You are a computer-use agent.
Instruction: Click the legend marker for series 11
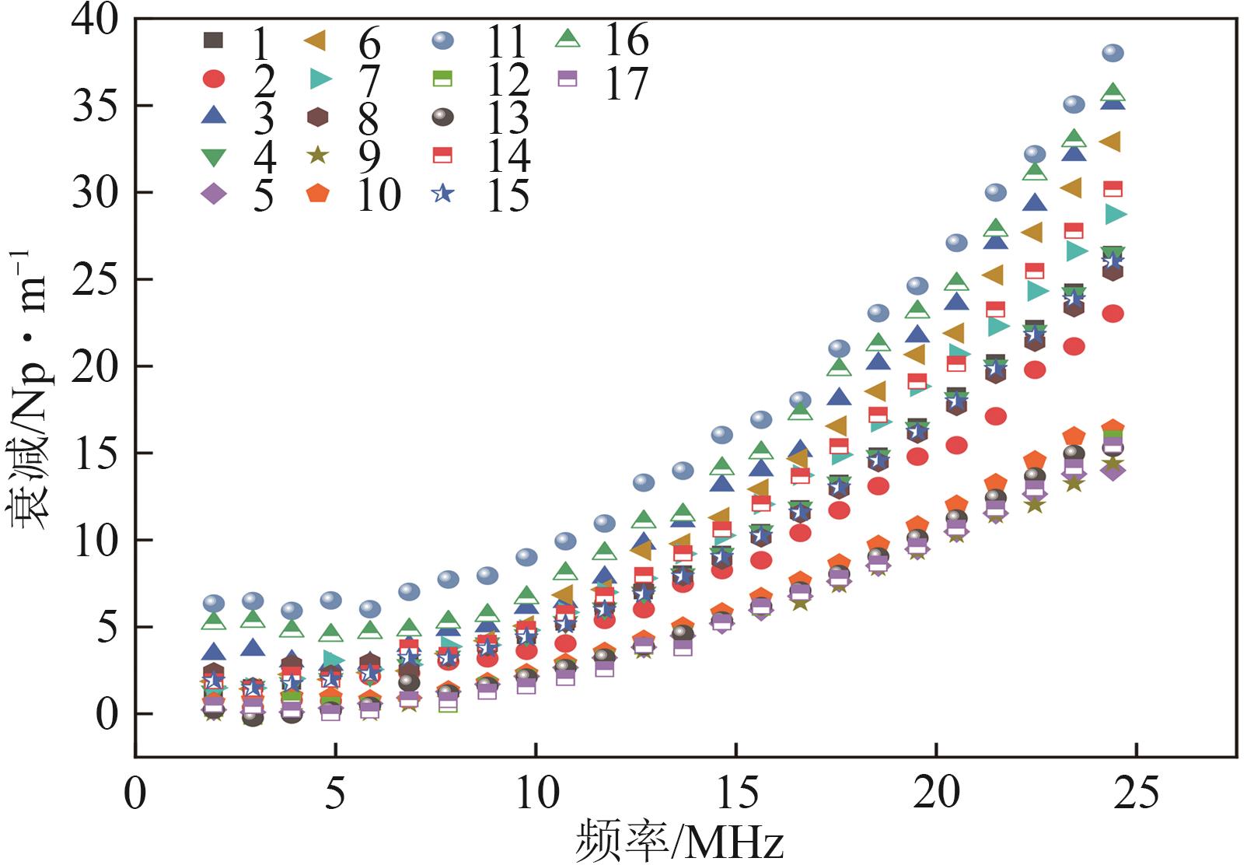click(x=443, y=40)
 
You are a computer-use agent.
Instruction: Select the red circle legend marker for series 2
click(x=214, y=79)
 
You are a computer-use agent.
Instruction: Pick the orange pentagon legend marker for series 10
click(x=318, y=193)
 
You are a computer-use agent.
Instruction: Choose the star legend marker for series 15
click(x=443, y=193)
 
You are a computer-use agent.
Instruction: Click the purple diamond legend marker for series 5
click(x=214, y=194)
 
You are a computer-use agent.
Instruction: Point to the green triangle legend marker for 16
click(x=568, y=37)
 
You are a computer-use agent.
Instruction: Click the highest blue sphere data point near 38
click(x=1113, y=53)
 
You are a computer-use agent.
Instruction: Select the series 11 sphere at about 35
click(x=1074, y=104)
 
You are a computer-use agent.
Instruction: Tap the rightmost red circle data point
click(x=1113, y=313)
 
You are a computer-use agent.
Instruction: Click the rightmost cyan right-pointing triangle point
click(x=1115, y=213)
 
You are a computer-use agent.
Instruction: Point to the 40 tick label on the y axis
click(x=95, y=19)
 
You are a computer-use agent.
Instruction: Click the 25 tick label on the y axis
click(x=95, y=279)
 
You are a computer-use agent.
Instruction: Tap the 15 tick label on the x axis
click(x=735, y=793)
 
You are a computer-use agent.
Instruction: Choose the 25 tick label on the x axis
click(x=1136, y=793)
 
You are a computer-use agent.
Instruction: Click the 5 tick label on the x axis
click(x=335, y=793)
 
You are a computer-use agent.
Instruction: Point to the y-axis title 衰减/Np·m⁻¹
click(x=31, y=389)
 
